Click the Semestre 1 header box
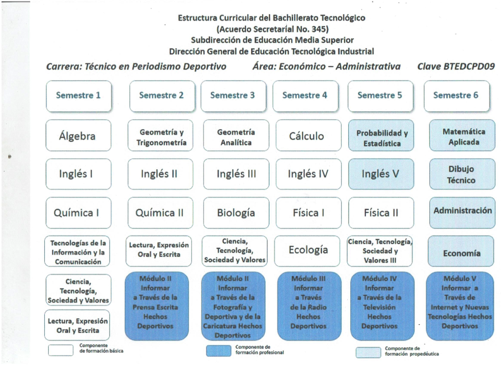[79, 96]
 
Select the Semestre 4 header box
[306, 96]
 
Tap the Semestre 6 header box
[457, 96]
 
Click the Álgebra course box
[79, 135]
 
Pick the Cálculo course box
[308, 135]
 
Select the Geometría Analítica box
[236, 135]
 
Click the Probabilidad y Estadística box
[381, 135]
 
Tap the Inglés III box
[236, 174]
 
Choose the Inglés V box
[381, 174]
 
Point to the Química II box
[161, 213]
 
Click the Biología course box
[236, 213]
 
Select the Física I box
[308, 213]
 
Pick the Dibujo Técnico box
[462, 174]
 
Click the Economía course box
[461, 251]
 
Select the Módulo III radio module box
[309, 306]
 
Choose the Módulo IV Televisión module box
[382, 306]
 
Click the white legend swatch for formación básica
[60, 350]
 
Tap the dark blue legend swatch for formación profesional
[219, 351]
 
